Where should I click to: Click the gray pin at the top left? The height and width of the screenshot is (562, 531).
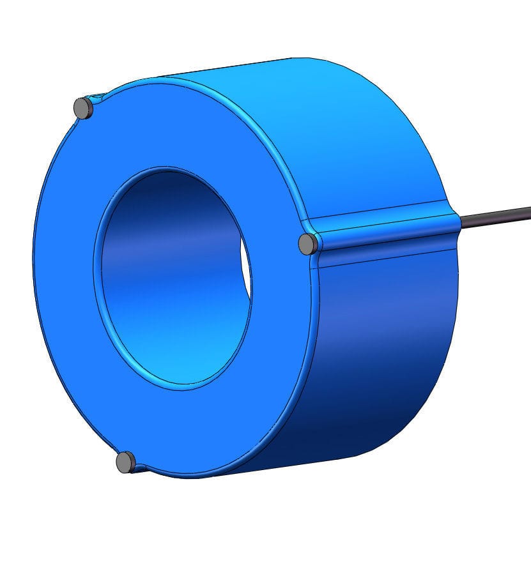pyautogui.click(x=83, y=108)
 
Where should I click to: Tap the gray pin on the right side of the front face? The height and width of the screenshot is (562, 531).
pyautogui.click(x=308, y=243)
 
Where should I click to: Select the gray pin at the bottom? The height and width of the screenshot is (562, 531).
pyautogui.click(x=126, y=461)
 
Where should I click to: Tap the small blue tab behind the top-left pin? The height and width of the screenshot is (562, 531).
pyautogui.click(x=97, y=98)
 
